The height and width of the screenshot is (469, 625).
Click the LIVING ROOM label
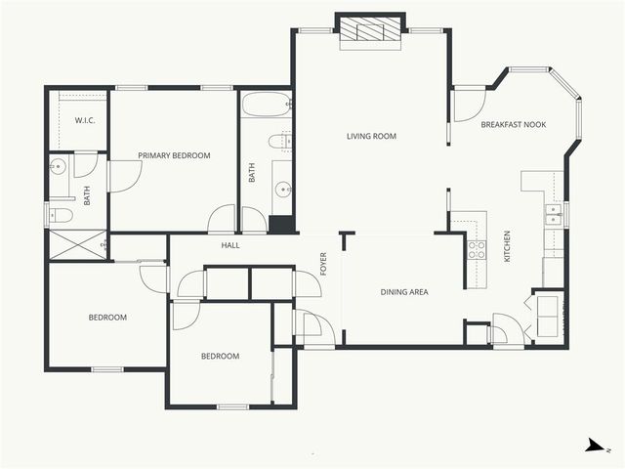[371, 136]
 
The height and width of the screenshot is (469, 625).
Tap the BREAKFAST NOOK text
[513, 125]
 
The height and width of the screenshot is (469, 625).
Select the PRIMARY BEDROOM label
[174, 155]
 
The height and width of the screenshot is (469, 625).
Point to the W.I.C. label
[84, 121]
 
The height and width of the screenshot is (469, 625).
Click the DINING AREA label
[403, 291]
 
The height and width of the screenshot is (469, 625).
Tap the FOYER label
[324, 264]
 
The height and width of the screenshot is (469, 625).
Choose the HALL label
[229, 245]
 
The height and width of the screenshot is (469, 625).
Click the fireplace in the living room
[370, 30]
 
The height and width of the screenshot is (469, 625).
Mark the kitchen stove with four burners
[476, 249]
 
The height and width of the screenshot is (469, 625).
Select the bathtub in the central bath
[266, 105]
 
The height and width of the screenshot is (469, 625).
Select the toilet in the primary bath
[61, 215]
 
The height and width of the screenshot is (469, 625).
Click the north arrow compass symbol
[593, 446]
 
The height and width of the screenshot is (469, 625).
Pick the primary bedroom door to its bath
[125, 176]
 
